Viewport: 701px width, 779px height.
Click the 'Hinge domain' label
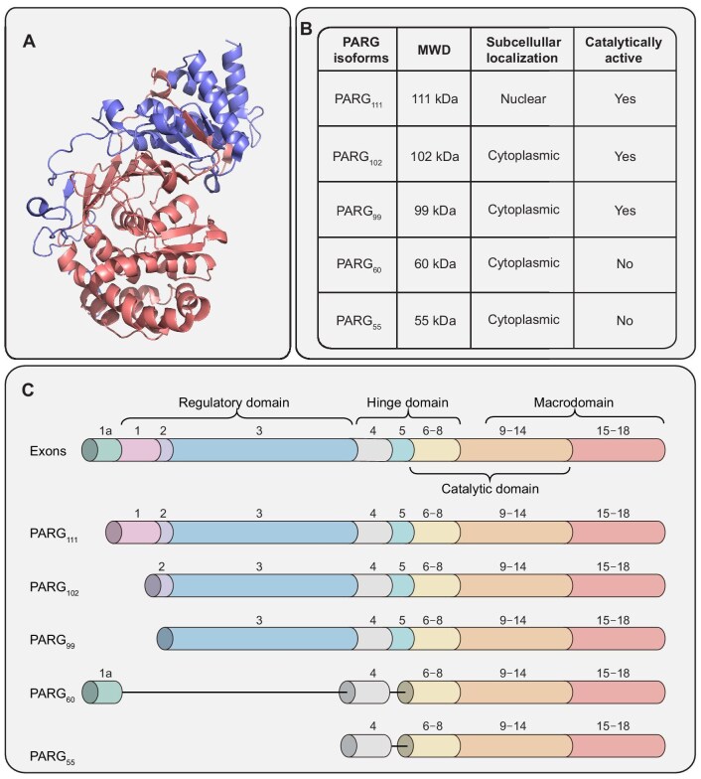tap(406, 402)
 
